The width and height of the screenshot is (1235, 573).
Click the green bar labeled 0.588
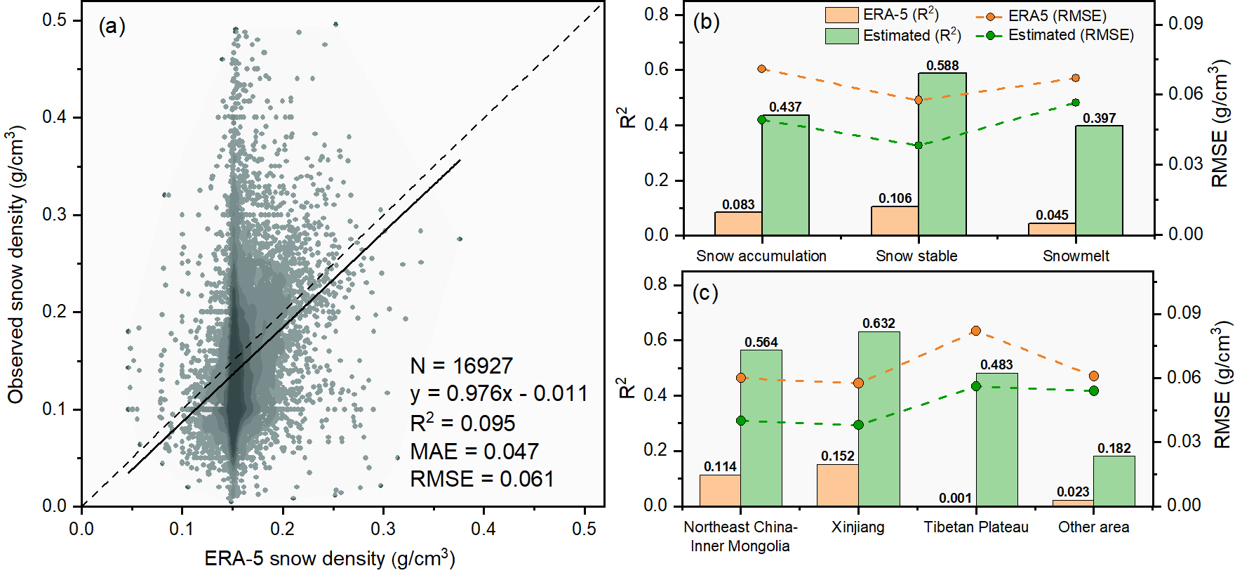(942, 154)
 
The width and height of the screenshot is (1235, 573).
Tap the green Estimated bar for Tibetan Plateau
(996, 439)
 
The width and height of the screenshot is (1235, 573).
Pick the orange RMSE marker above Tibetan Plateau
(975, 331)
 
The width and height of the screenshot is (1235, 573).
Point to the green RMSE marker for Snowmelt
(1076, 103)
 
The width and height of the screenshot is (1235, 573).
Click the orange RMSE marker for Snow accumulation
(762, 69)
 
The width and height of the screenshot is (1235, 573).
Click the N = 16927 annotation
(461, 366)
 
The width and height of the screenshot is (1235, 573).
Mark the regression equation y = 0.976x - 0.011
(499, 394)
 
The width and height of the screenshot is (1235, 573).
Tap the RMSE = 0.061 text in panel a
(482, 479)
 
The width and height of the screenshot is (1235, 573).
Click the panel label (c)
(705, 292)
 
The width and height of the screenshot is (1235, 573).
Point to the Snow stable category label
(916, 256)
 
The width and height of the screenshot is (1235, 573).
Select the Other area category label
(1093, 527)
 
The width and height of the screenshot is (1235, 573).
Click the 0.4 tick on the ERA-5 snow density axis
(483, 529)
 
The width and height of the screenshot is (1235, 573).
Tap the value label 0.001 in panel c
(955, 498)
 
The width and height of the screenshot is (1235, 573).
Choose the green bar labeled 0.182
(1114, 481)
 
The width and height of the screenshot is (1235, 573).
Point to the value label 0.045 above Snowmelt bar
(1052, 215)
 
